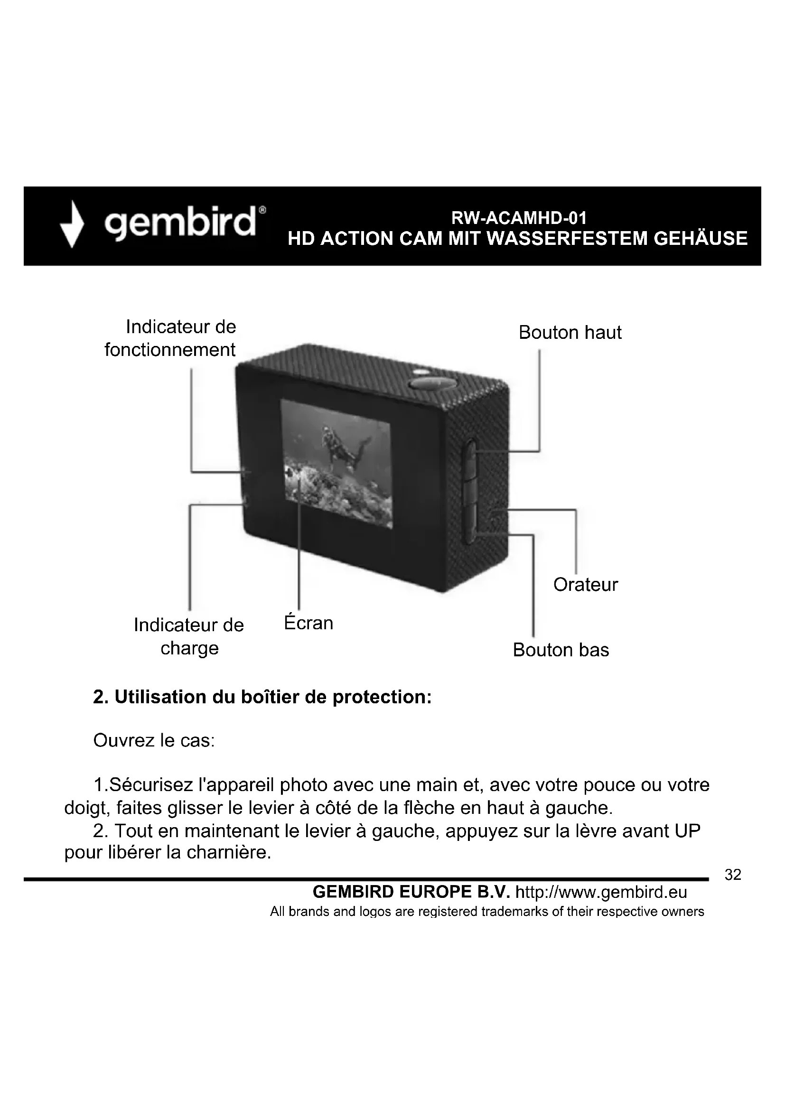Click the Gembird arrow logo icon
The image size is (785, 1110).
[72, 224]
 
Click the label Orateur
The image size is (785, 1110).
[585, 585]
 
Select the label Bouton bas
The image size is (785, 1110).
[561, 650]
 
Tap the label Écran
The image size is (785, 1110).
[308, 623]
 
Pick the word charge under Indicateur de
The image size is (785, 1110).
[189, 648]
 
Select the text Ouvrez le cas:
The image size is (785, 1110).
[154, 740]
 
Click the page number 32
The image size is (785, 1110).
[733, 875]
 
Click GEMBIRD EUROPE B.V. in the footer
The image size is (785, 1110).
[411, 892]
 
